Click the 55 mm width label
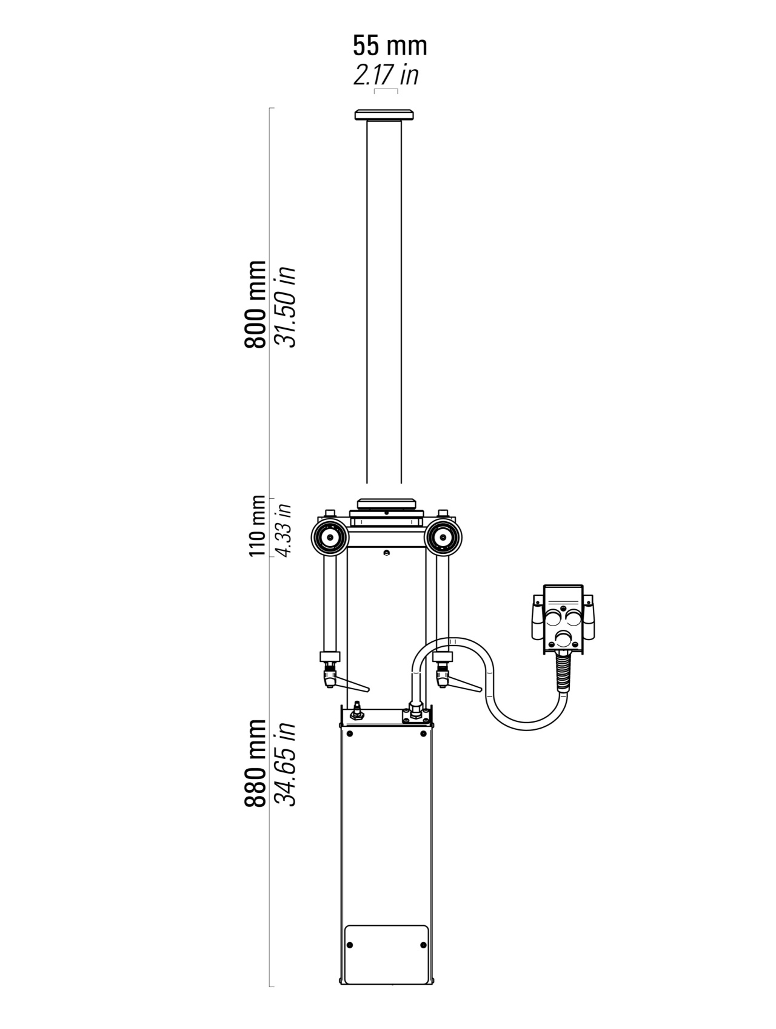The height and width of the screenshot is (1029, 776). (x=390, y=46)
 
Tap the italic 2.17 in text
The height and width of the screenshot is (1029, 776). (x=386, y=75)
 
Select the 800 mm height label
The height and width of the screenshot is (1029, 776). (x=255, y=304)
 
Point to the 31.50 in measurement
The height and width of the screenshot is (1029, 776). (x=285, y=306)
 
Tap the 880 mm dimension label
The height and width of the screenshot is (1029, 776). (x=255, y=763)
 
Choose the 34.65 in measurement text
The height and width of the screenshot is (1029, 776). (x=285, y=764)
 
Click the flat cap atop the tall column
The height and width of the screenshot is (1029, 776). (x=384, y=115)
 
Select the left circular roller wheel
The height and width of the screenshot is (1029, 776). (x=329, y=538)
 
